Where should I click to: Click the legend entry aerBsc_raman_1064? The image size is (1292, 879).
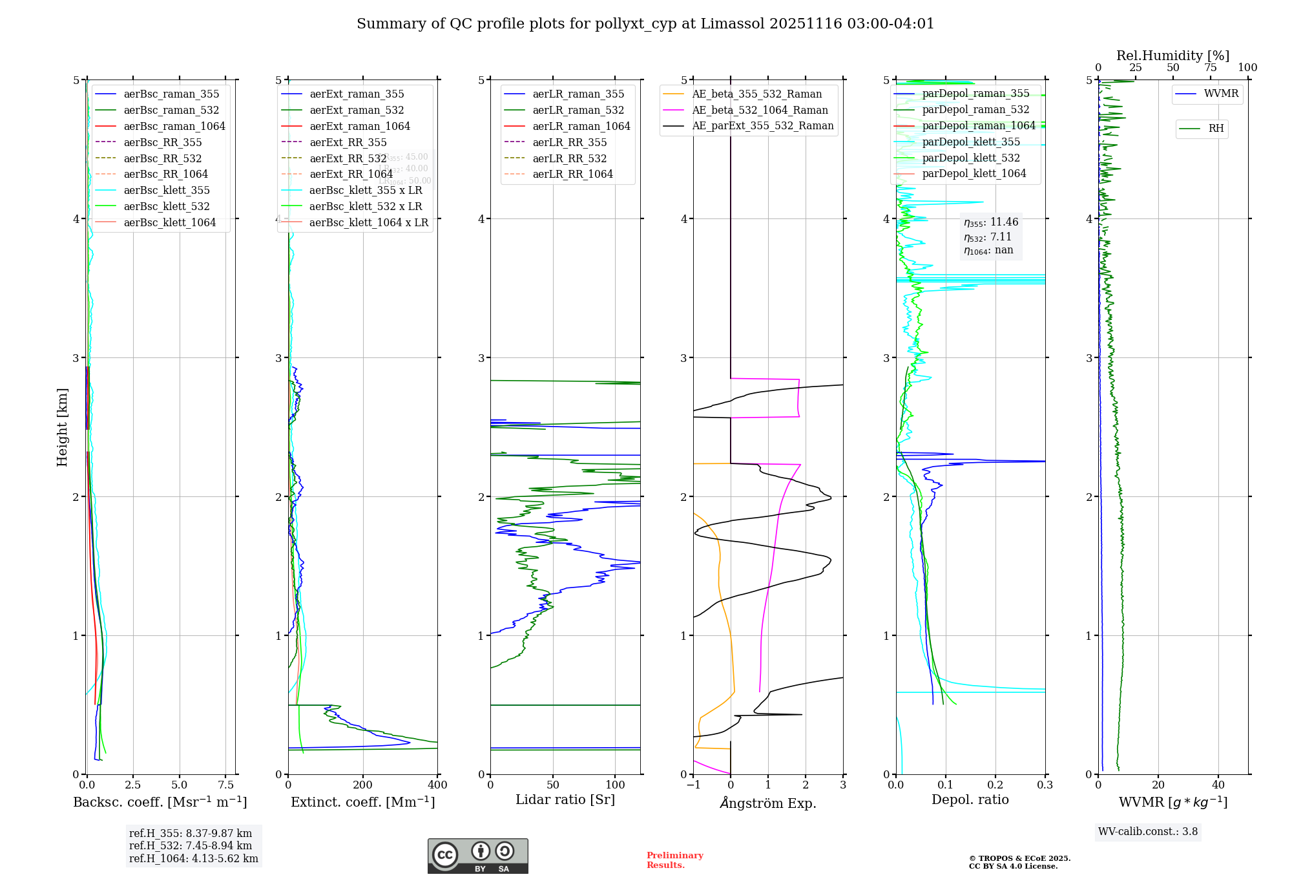174,126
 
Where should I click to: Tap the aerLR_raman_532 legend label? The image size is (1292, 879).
578,110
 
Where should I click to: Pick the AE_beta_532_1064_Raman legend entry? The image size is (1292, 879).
760,110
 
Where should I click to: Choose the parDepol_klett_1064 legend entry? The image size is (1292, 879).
974,173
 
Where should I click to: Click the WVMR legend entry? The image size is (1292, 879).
1221,94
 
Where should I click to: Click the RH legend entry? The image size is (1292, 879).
1216,129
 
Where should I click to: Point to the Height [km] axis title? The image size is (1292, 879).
62,427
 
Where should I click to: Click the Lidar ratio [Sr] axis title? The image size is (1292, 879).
565,800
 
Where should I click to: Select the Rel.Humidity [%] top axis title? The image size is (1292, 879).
1172,56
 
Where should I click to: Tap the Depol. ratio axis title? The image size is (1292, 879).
970,800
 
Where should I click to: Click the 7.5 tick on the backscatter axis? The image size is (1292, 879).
225,785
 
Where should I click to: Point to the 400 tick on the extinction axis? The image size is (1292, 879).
437,785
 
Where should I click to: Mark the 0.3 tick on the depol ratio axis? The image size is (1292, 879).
1045,785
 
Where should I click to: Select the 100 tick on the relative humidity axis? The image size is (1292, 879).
1247,68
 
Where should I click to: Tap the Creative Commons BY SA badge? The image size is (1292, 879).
477,856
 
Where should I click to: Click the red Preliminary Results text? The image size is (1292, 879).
674,860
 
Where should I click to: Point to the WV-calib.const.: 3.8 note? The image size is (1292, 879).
1148,832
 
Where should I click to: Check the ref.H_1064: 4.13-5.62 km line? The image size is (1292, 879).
193,859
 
